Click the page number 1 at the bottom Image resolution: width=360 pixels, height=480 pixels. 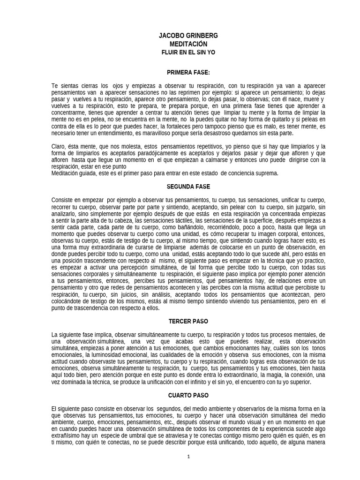(188, 457)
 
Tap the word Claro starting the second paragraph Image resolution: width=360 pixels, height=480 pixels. (58, 146)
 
